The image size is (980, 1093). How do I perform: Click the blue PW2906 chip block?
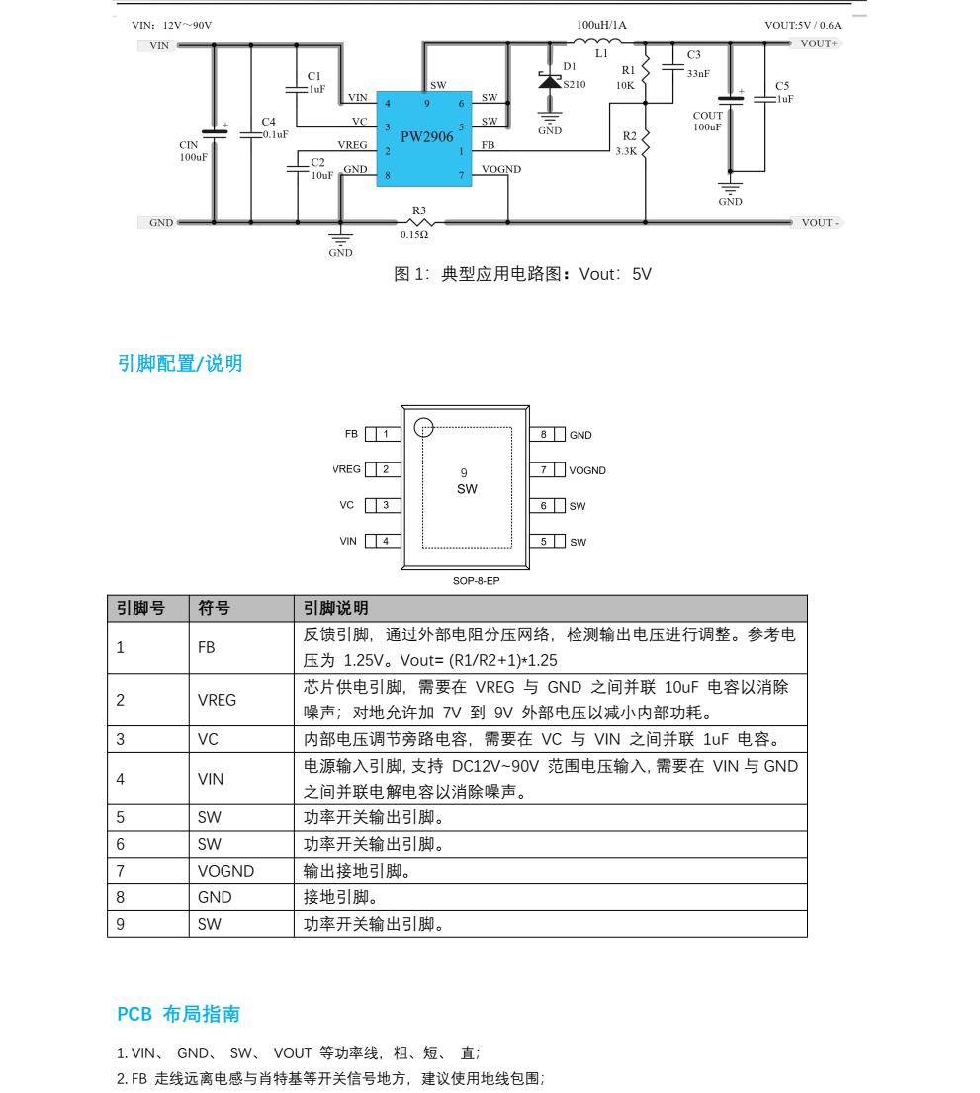pyautogui.click(x=424, y=138)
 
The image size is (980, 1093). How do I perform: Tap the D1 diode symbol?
pyautogui.click(x=550, y=82)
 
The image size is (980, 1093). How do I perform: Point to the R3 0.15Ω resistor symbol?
pyautogui.click(x=419, y=222)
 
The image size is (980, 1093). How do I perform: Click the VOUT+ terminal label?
pyautogui.click(x=818, y=43)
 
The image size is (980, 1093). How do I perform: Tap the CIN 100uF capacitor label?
pyautogui.click(x=193, y=151)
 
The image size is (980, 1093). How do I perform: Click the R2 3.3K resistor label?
pyautogui.click(x=626, y=143)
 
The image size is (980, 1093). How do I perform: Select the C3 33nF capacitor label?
pyautogui.click(x=698, y=64)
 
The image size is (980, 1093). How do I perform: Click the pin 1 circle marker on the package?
pyautogui.click(x=424, y=427)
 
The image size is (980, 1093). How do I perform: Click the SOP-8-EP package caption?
pyautogui.click(x=477, y=581)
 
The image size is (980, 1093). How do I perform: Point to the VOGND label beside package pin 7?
pyautogui.click(x=587, y=470)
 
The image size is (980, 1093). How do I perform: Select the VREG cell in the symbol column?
pyautogui.click(x=217, y=700)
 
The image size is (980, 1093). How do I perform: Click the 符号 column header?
pyautogui.click(x=215, y=608)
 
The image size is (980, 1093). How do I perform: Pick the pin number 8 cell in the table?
pyautogui.click(x=121, y=897)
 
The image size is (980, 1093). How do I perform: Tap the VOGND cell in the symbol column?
pyautogui.click(x=226, y=872)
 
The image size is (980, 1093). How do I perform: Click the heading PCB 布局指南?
pyautogui.click(x=179, y=1014)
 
